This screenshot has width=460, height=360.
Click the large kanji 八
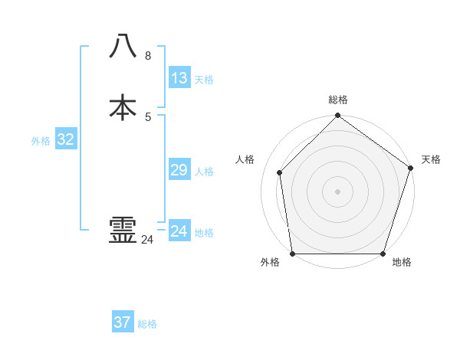pyautogui.click(x=123, y=46)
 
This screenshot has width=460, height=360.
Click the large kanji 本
pyautogui.click(x=123, y=107)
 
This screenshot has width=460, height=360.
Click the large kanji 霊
pyautogui.click(x=123, y=230)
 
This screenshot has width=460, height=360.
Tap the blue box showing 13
pyautogui.click(x=179, y=78)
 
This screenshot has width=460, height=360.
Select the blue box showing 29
pyautogui.click(x=179, y=170)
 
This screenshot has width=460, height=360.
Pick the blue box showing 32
pyautogui.click(x=66, y=139)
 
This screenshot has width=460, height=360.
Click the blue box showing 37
pyautogui.click(x=123, y=322)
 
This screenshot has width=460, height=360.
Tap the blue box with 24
pyautogui.click(x=179, y=231)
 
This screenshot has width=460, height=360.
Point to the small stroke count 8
pyautogui.click(x=148, y=56)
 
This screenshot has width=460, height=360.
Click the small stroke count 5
pyautogui.click(x=148, y=117)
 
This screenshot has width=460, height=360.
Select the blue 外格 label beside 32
pyautogui.click(x=41, y=141)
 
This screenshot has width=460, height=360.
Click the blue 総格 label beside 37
pyautogui.click(x=147, y=324)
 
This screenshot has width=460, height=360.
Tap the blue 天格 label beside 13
pyautogui.click(x=204, y=80)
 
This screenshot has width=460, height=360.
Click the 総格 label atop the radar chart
pyautogui.click(x=338, y=100)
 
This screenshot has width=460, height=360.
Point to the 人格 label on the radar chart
pyautogui.click(x=245, y=159)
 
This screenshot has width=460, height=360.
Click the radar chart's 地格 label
pyautogui.click(x=402, y=263)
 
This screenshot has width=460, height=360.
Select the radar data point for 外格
pyautogui.click(x=292, y=254)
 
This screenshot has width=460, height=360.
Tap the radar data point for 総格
pyautogui.click(x=337, y=116)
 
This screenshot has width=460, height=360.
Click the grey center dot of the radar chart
pyautogui.click(x=337, y=191)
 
